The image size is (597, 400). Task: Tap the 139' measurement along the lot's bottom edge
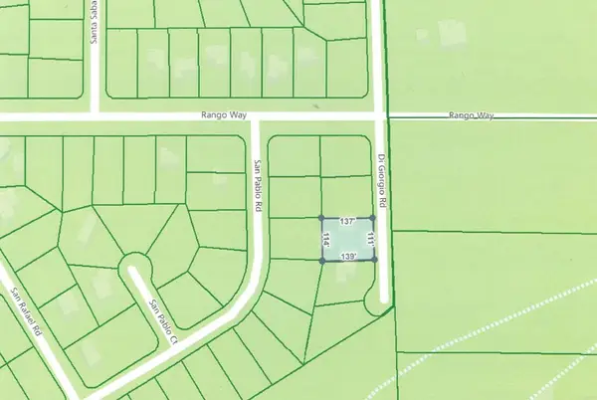pyautogui.click(x=348, y=257)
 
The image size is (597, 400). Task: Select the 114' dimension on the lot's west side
pyautogui.click(x=326, y=239)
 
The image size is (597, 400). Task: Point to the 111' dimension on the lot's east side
pyautogui.click(x=369, y=239)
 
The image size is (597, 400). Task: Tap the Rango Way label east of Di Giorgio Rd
pyautogui.click(x=470, y=116)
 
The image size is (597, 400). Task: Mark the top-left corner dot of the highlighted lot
pyautogui.click(x=320, y=217)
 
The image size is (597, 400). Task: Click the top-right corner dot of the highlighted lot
pyautogui.click(x=372, y=217)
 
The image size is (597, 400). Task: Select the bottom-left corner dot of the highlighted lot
pyautogui.click(x=320, y=261)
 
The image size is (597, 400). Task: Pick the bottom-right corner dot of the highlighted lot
pyautogui.click(x=375, y=260)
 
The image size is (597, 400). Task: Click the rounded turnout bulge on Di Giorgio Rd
pyautogui.click(x=376, y=300)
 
